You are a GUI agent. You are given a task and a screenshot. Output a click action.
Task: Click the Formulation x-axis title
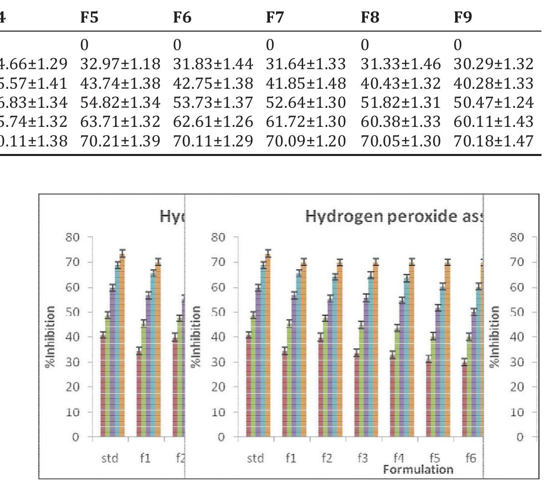coord(418,469)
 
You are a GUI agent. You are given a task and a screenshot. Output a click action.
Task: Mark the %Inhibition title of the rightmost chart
coord(495,337)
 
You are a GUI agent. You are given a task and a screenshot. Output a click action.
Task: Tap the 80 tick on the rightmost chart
coord(517,237)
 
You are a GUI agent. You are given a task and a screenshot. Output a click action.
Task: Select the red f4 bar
coord(392,396)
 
